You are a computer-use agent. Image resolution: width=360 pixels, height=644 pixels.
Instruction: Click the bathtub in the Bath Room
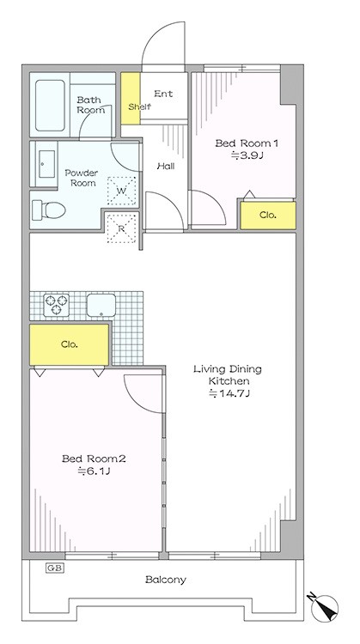click(x=50, y=106)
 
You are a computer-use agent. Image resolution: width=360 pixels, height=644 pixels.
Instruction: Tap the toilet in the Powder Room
click(x=49, y=210)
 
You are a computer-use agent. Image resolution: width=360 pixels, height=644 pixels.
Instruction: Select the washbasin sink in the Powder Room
click(x=47, y=164)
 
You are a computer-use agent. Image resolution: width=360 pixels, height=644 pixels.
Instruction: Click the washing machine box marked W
click(x=121, y=191)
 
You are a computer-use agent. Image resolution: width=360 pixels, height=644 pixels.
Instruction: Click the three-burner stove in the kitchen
click(x=57, y=305)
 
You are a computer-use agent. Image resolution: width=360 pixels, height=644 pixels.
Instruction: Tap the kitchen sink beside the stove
click(x=101, y=305)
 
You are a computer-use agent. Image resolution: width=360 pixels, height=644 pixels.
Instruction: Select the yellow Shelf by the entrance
click(x=131, y=99)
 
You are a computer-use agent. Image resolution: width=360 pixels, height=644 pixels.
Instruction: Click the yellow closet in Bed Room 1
click(x=268, y=216)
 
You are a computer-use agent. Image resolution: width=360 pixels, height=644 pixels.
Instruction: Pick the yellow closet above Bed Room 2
click(x=69, y=344)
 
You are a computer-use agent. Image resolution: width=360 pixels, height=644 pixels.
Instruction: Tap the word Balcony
click(x=166, y=580)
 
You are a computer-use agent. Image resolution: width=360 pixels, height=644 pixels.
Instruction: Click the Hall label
click(x=166, y=167)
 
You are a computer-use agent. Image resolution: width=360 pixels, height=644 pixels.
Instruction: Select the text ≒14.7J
click(x=229, y=393)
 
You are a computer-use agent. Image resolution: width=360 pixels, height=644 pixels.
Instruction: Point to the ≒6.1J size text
click(x=94, y=471)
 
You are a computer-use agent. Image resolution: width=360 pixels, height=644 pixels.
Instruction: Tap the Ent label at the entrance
click(x=163, y=94)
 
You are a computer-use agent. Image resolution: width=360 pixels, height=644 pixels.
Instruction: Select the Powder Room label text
click(x=82, y=178)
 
